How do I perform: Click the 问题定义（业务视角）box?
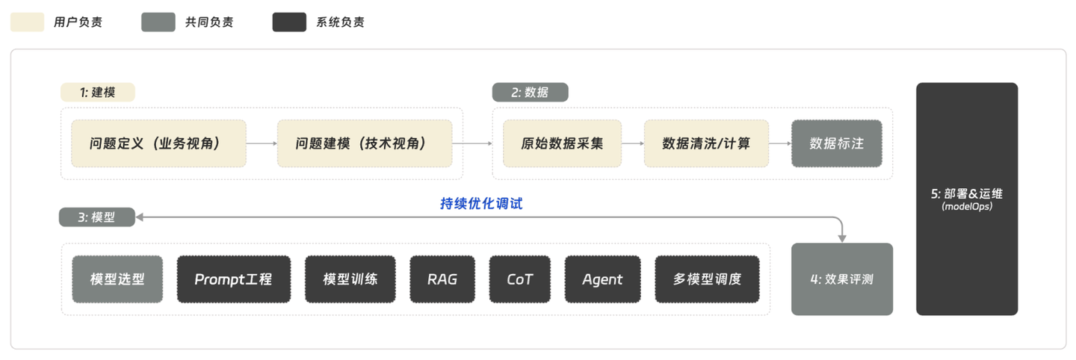pyautogui.click(x=158, y=143)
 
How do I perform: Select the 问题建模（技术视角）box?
pyautogui.click(x=365, y=143)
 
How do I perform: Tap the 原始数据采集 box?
pyautogui.click(x=562, y=143)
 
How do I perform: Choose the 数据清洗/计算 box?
pyautogui.click(x=706, y=143)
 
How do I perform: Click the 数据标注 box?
pyautogui.click(x=837, y=143)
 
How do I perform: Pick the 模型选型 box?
pyautogui.click(x=117, y=279)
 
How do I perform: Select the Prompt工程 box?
pyautogui.click(x=233, y=279)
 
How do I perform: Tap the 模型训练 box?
pyautogui.click(x=350, y=279)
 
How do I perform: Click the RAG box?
pyautogui.click(x=442, y=279)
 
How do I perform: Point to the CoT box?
pyautogui.click(x=520, y=279)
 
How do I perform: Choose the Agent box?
pyautogui.click(x=602, y=279)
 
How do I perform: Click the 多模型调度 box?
pyautogui.click(x=707, y=279)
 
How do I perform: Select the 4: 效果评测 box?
pyautogui.click(x=842, y=279)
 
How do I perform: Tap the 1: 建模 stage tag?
pyautogui.click(x=98, y=93)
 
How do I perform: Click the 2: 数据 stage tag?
pyautogui.click(x=530, y=93)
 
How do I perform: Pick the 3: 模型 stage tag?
pyautogui.click(x=97, y=217)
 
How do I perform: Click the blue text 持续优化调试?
pyautogui.click(x=481, y=203)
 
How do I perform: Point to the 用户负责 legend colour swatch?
pyautogui.click(x=27, y=22)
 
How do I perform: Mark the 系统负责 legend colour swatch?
pyautogui.click(x=289, y=22)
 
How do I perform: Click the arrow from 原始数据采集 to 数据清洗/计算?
pyautogui.click(x=632, y=143)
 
